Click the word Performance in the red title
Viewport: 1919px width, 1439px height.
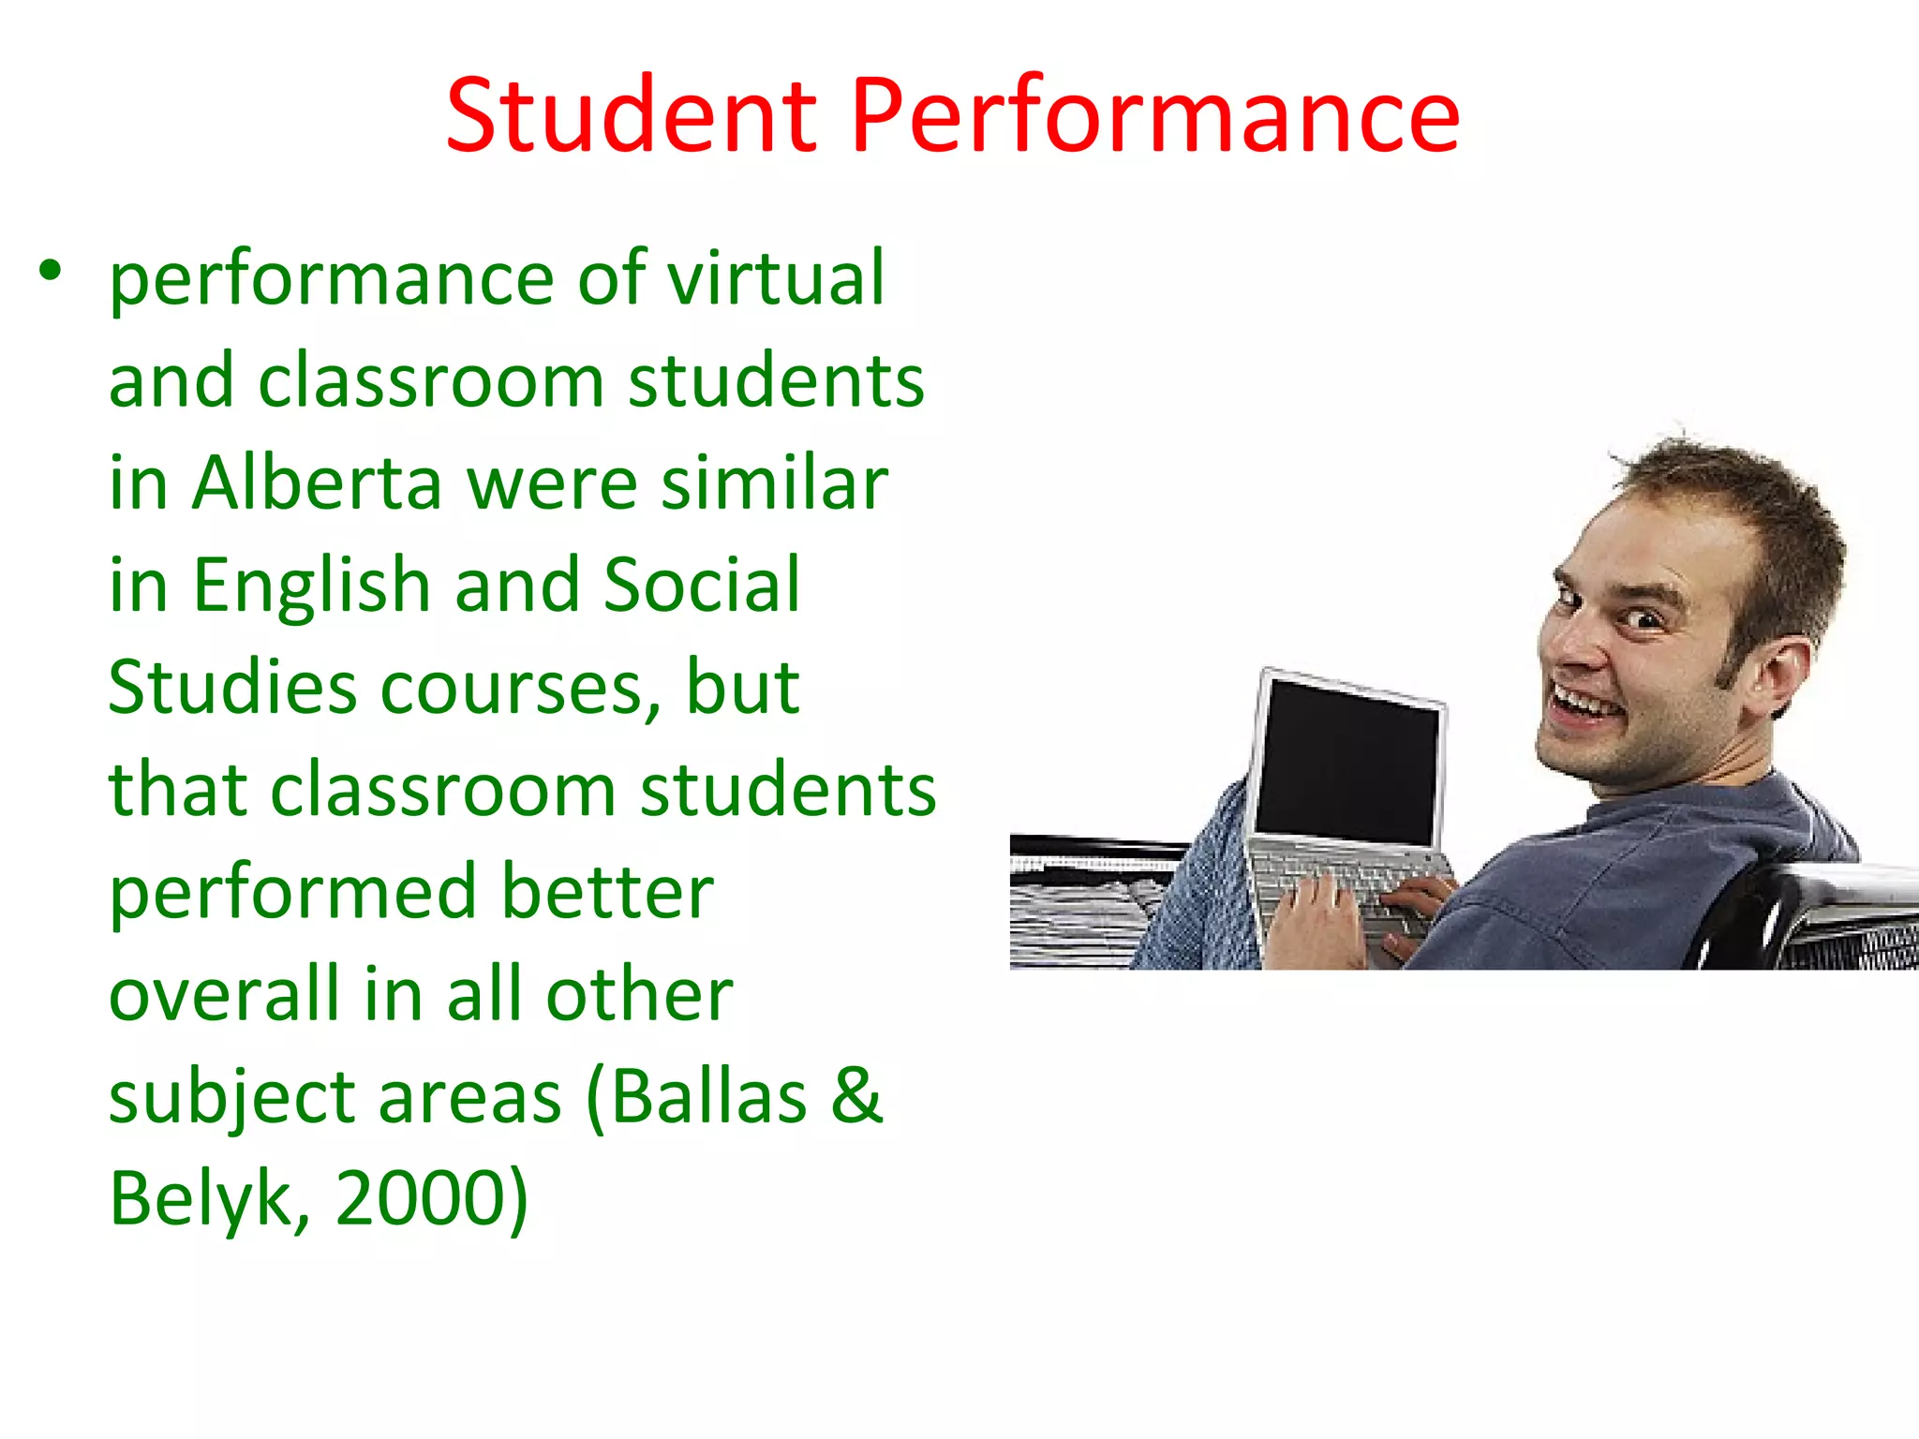pos(1154,117)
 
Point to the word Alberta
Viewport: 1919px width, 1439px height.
pos(317,482)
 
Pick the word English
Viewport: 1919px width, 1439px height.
pos(311,586)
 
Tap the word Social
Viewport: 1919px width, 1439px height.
pos(702,585)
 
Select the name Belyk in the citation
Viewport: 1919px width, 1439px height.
pos(202,1199)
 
